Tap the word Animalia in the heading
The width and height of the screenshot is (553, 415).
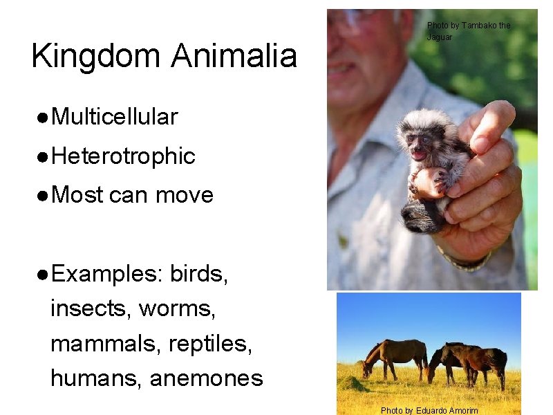233,55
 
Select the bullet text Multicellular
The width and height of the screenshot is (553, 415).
114,117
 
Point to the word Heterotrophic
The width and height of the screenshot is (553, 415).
123,156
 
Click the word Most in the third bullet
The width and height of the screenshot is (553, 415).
77,195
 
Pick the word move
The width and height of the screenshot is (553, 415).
185,195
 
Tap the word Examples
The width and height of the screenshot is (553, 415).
106,274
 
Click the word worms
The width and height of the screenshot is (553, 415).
178,308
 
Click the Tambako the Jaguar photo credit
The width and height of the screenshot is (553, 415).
468,30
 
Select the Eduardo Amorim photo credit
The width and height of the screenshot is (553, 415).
429,410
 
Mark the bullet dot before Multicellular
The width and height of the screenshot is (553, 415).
42,118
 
